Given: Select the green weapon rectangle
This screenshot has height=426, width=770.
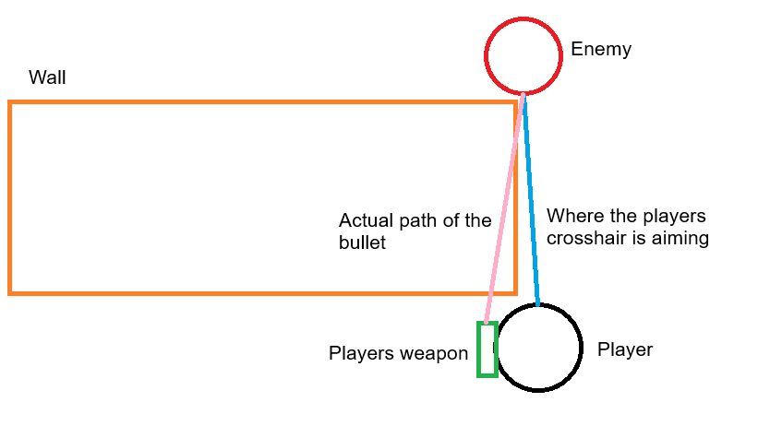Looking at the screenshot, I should pyautogui.click(x=487, y=349).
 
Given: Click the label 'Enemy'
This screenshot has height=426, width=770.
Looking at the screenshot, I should pyautogui.click(x=601, y=50).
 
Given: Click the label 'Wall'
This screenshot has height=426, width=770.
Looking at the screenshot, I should pyautogui.click(x=47, y=77).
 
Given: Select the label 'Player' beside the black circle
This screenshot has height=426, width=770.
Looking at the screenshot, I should pyautogui.click(x=625, y=350).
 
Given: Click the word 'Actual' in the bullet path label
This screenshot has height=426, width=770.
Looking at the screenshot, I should pyautogui.click(x=367, y=221).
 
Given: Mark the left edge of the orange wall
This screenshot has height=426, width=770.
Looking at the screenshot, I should pyautogui.click(x=10, y=197).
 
